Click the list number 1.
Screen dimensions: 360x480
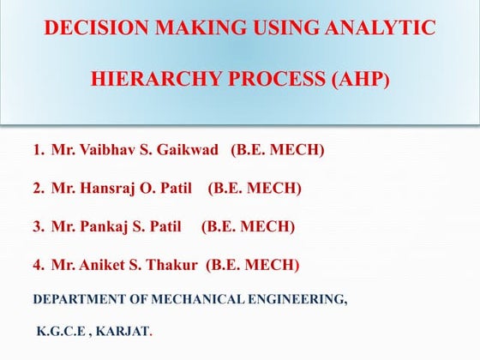(37, 151)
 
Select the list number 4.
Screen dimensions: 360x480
(37, 265)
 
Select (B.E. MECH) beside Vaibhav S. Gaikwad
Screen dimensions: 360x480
(277, 151)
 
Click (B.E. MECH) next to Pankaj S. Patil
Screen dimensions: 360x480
(248, 227)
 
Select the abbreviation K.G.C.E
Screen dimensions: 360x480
(63, 330)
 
